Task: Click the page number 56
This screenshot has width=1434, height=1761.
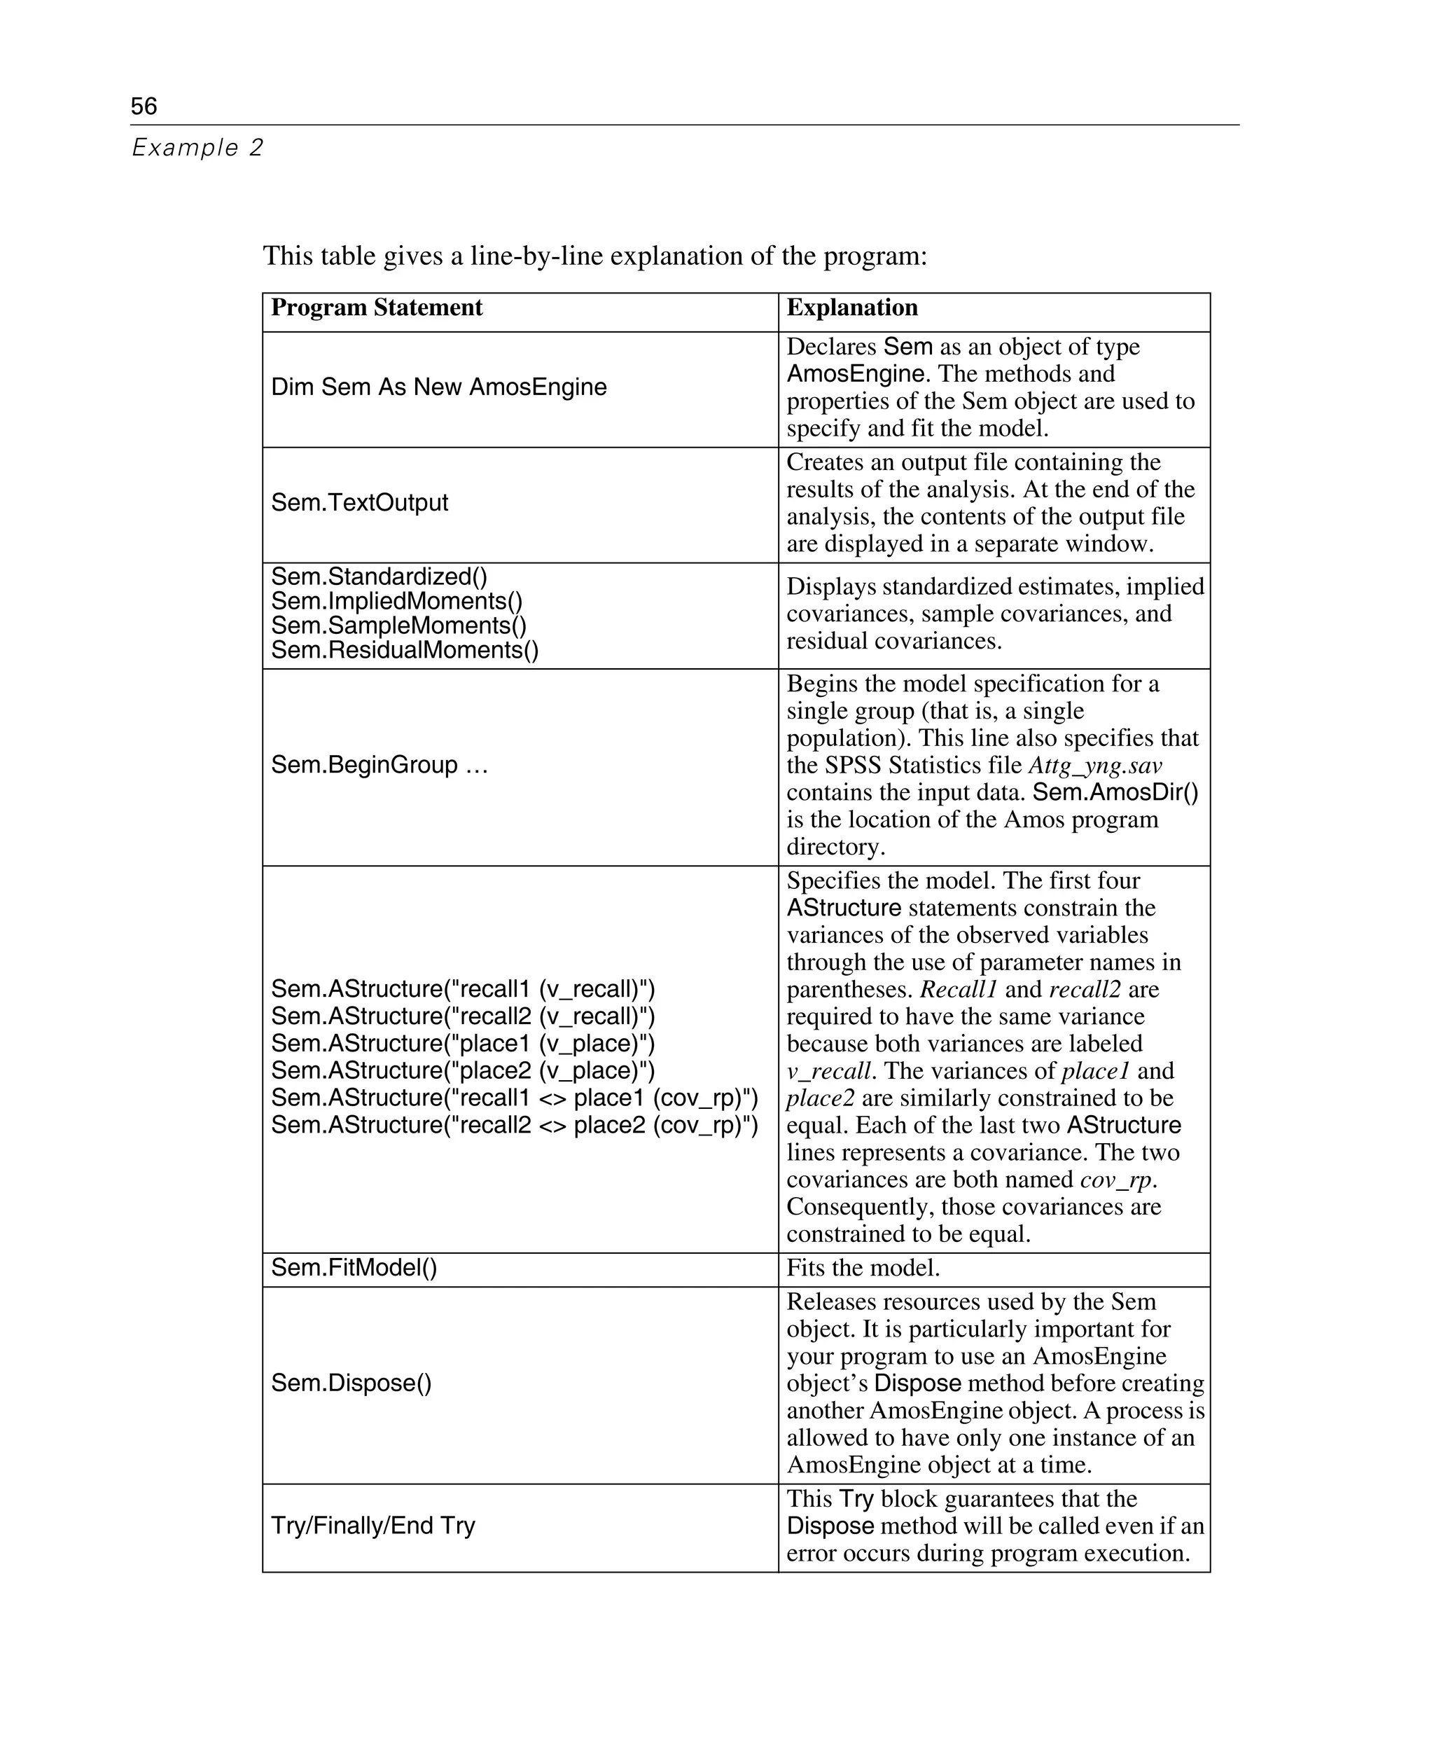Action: [x=144, y=106]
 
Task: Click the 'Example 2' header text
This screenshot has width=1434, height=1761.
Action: [x=197, y=148]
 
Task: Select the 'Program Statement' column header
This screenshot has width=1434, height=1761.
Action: [x=377, y=308]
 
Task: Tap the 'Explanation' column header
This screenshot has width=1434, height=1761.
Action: [x=851, y=308]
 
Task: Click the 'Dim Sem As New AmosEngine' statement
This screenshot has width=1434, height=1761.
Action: [x=438, y=387]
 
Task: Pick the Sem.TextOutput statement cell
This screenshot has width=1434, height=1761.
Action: [x=359, y=502]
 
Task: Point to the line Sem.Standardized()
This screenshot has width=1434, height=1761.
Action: [x=379, y=576]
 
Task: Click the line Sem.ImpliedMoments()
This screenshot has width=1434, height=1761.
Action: [x=396, y=601]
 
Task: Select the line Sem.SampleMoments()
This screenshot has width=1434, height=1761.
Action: [x=398, y=626]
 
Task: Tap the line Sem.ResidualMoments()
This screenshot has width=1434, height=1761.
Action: [x=405, y=650]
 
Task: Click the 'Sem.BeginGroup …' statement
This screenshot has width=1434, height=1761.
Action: [x=379, y=764]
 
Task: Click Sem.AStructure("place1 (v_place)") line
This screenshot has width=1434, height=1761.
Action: [x=463, y=1044]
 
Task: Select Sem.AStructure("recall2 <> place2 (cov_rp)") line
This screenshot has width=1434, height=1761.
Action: [x=514, y=1125]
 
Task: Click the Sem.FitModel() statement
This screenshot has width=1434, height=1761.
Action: [x=354, y=1268]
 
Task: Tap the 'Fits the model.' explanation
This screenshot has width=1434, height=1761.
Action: [x=863, y=1268]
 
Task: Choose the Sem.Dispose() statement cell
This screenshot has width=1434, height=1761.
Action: [x=351, y=1383]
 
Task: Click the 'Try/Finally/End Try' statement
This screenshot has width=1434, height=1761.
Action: [x=373, y=1525]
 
